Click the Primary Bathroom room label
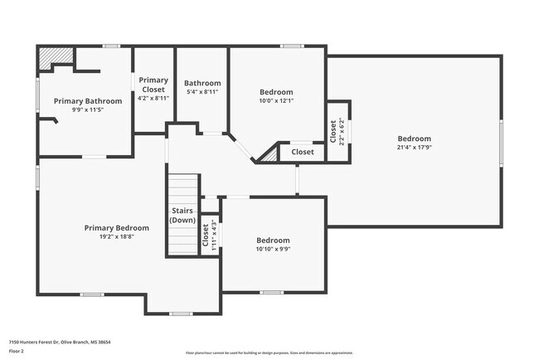(87, 101)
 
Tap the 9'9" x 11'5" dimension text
(87, 110)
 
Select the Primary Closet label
(153, 85)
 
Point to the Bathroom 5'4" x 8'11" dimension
(202, 93)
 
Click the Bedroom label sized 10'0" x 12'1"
(276, 91)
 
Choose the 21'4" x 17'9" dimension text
(414, 148)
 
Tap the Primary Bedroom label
(117, 227)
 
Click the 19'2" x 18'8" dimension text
(117, 236)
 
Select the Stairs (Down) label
(182, 216)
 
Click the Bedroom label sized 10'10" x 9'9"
(273, 240)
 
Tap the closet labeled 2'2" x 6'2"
(337, 131)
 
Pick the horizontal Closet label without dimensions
(303, 152)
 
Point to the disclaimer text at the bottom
(269, 353)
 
